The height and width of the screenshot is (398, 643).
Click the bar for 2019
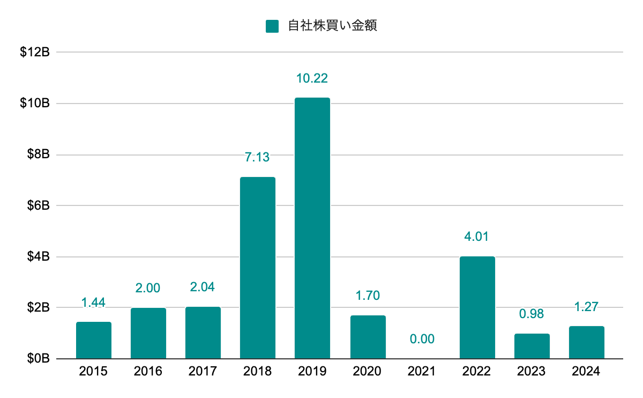click(312, 228)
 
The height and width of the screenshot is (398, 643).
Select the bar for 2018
click(258, 268)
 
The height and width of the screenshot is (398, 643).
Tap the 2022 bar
click(477, 307)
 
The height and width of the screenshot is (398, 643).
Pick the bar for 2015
click(94, 340)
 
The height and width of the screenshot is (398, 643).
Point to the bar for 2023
click(532, 346)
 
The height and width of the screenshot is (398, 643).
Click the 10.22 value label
click(312, 78)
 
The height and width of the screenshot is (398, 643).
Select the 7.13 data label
click(258, 157)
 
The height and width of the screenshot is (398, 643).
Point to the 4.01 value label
click(477, 237)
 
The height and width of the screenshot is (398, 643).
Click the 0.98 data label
click(532, 314)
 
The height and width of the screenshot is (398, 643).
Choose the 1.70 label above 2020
click(367, 296)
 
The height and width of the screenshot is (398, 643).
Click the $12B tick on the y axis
click(35, 53)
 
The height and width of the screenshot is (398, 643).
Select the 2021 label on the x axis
click(422, 371)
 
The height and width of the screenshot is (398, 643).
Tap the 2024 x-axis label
click(586, 371)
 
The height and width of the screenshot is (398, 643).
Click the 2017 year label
click(203, 371)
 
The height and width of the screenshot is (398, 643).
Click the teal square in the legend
click(272, 26)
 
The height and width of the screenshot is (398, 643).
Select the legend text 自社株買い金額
click(332, 26)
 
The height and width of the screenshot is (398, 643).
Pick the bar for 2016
click(148, 333)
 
